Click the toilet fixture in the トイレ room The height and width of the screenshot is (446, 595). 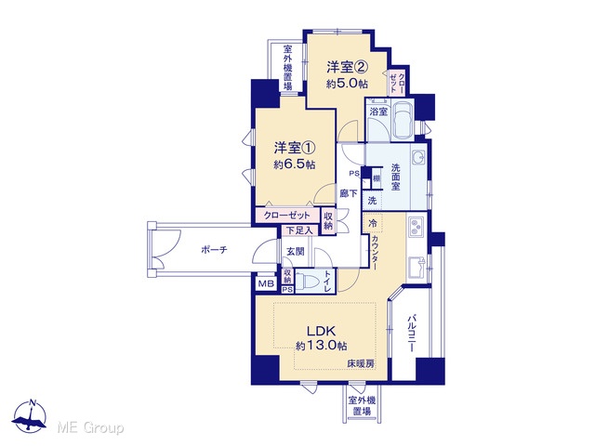point(308,282)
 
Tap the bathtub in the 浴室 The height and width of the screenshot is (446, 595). point(403,119)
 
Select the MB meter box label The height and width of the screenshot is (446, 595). point(267,284)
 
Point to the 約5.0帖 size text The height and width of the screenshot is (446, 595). point(347,84)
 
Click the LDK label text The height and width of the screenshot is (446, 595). point(321,331)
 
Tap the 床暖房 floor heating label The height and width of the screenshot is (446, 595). point(361,363)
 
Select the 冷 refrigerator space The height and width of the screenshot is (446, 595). point(373,223)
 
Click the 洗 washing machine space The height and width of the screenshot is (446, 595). point(372,200)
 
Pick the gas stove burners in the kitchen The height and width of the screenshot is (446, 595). point(416,226)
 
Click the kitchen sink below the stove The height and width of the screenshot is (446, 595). point(416,268)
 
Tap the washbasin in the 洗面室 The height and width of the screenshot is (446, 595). point(419,157)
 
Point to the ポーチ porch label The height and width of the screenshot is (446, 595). point(214,250)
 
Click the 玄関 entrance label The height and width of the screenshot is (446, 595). point(296,251)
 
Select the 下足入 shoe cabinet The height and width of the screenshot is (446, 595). point(299,230)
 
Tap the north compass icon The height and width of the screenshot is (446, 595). point(29,415)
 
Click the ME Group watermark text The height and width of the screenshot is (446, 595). point(90,428)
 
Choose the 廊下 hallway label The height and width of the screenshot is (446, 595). point(349,193)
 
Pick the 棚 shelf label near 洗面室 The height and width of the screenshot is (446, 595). point(377,178)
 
